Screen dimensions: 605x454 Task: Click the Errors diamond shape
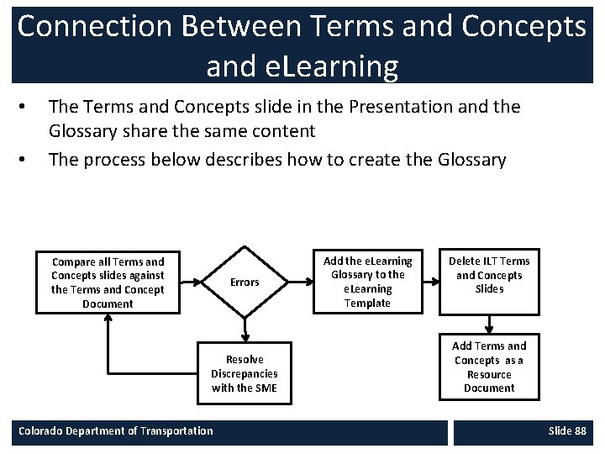245,282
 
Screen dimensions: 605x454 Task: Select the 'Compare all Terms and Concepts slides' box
108,282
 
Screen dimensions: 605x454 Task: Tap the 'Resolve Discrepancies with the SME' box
245,373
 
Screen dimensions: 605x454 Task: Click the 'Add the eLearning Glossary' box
367,282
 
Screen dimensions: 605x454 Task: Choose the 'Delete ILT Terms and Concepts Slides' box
489,275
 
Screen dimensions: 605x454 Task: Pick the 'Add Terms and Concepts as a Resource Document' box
489,367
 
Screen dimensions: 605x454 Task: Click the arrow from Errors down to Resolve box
245,330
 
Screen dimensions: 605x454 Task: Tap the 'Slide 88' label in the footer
567,430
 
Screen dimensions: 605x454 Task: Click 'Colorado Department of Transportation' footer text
116,430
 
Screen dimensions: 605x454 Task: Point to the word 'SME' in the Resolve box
264,388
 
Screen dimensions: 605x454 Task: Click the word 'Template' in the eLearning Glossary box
367,304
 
